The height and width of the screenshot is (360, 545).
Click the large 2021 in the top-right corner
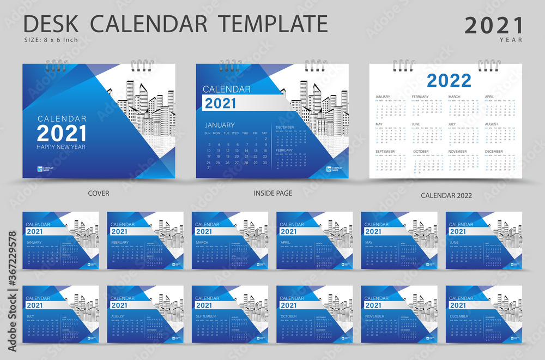494,25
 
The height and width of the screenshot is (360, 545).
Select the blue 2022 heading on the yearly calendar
449,81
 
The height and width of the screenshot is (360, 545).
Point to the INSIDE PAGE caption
272,193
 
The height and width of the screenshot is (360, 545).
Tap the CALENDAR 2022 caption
446,195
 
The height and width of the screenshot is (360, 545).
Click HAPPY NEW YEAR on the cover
61,147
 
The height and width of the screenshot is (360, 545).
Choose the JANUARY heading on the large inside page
220,125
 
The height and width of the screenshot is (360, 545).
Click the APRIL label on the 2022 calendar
491,97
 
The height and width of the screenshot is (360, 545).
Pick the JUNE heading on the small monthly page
453,242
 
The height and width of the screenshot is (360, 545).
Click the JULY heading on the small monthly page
31,316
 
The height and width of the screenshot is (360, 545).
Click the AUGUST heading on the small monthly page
118,316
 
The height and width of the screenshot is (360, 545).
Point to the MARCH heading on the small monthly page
202,242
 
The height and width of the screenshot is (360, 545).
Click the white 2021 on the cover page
61,133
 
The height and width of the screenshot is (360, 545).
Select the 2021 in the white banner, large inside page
221,104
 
